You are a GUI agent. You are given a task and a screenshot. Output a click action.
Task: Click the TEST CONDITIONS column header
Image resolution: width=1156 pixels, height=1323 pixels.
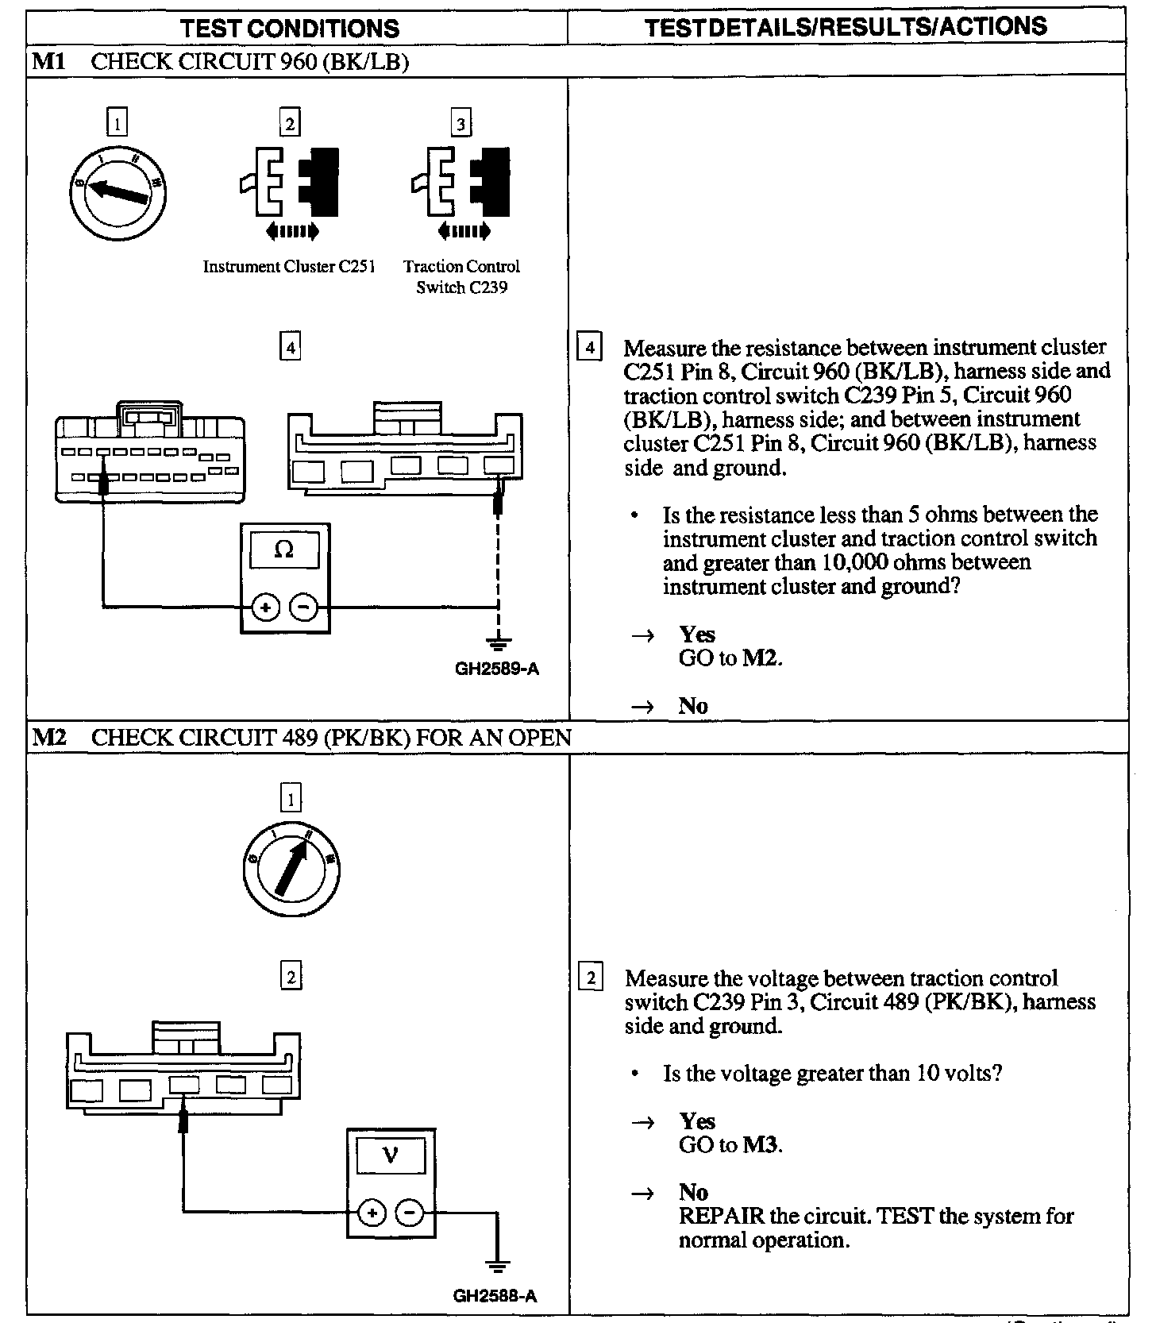[x=290, y=29]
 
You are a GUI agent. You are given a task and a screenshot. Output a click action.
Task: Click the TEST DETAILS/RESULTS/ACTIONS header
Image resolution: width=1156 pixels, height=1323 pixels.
[x=845, y=27]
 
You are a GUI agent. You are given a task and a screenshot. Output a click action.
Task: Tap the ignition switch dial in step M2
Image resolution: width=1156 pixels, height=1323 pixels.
[x=291, y=868]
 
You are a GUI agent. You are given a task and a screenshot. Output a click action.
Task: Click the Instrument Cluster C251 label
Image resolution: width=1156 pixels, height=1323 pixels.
[x=289, y=267]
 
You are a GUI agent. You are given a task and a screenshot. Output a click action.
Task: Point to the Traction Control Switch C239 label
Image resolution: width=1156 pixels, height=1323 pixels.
[x=461, y=276]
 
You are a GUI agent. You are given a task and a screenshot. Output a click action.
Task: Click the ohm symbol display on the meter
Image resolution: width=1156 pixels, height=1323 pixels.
[x=283, y=550]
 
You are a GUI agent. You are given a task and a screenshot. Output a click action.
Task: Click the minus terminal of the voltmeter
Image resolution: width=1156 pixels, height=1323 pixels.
[x=410, y=1213]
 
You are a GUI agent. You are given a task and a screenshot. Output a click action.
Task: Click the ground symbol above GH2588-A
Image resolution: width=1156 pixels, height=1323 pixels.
[x=498, y=1266]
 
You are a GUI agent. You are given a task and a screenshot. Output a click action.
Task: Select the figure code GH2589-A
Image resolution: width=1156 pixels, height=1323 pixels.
[x=497, y=669]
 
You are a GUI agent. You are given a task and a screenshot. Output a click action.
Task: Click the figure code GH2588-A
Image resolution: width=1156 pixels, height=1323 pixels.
[x=495, y=1296]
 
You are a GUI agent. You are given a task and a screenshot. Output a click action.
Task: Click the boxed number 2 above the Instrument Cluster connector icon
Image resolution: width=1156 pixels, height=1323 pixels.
[x=290, y=123]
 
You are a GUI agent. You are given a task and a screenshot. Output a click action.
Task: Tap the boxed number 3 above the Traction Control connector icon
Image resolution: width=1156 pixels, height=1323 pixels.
[x=461, y=123]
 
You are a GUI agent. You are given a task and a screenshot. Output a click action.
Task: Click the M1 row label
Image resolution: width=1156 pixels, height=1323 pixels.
[x=48, y=62]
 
